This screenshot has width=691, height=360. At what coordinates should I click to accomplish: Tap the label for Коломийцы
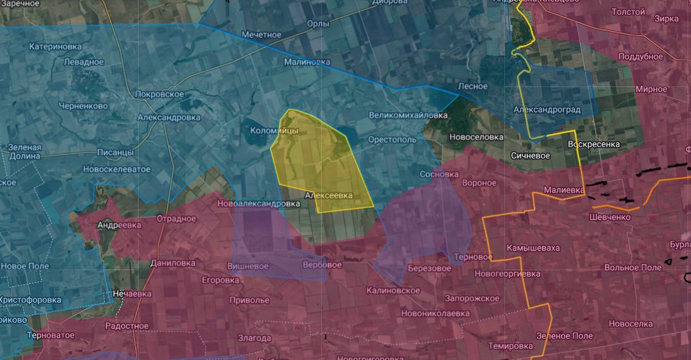pos(274,131)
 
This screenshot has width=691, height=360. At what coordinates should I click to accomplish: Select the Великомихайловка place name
pos(408,115)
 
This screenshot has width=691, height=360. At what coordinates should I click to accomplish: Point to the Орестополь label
pos(392,140)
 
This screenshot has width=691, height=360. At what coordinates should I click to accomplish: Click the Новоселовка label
pos(477,137)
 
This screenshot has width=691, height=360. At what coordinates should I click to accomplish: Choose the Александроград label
pos(547,109)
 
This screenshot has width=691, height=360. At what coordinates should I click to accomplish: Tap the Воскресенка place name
pos(594,144)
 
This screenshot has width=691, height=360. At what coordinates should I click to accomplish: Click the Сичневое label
pos(530,156)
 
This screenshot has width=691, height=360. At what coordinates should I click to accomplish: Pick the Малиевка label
pos(564,190)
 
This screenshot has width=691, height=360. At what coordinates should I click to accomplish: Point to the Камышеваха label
pos(533,248)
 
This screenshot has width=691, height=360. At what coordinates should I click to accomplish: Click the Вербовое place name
pos(322,265)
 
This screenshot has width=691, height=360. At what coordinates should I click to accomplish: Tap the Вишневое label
pos(248,266)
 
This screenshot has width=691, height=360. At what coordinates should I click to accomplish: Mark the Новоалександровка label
pos(258,204)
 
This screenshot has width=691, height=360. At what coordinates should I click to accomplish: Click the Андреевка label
pos(119,225)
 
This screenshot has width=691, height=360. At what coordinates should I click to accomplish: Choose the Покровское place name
pos(159,94)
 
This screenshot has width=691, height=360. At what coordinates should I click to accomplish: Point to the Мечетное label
pos(262,35)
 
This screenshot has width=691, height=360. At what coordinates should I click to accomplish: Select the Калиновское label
pos(393,290)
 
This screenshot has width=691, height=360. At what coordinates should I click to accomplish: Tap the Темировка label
pos(511,346)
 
